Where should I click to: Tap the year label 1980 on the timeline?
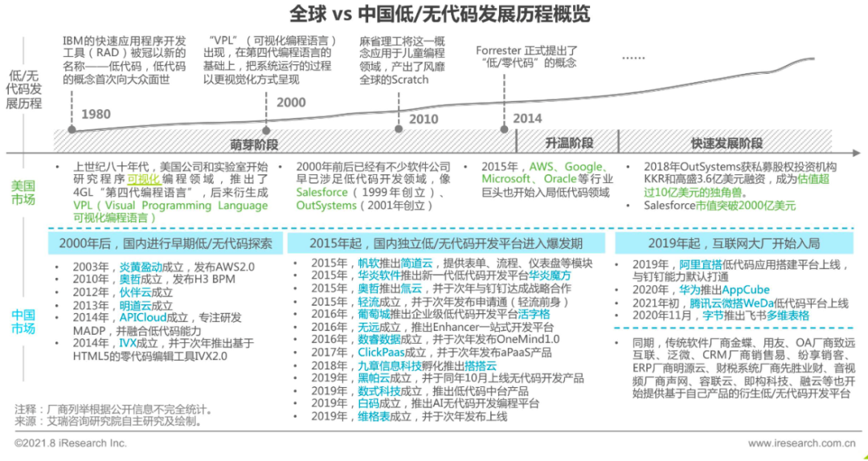tap(96, 114)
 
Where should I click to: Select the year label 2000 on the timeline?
tap(291, 102)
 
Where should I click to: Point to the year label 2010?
tap(424, 120)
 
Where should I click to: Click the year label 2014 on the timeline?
tap(527, 118)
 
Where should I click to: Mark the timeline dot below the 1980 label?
tap(72, 129)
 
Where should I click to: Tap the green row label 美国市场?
tap(23, 192)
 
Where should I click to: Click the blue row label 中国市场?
tap(23, 320)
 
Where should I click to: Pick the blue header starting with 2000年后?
tap(166, 243)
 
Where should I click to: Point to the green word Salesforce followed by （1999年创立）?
tap(321, 193)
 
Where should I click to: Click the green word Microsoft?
tap(506, 179)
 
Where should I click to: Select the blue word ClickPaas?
tap(382, 352)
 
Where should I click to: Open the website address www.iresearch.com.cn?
tap(800, 443)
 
